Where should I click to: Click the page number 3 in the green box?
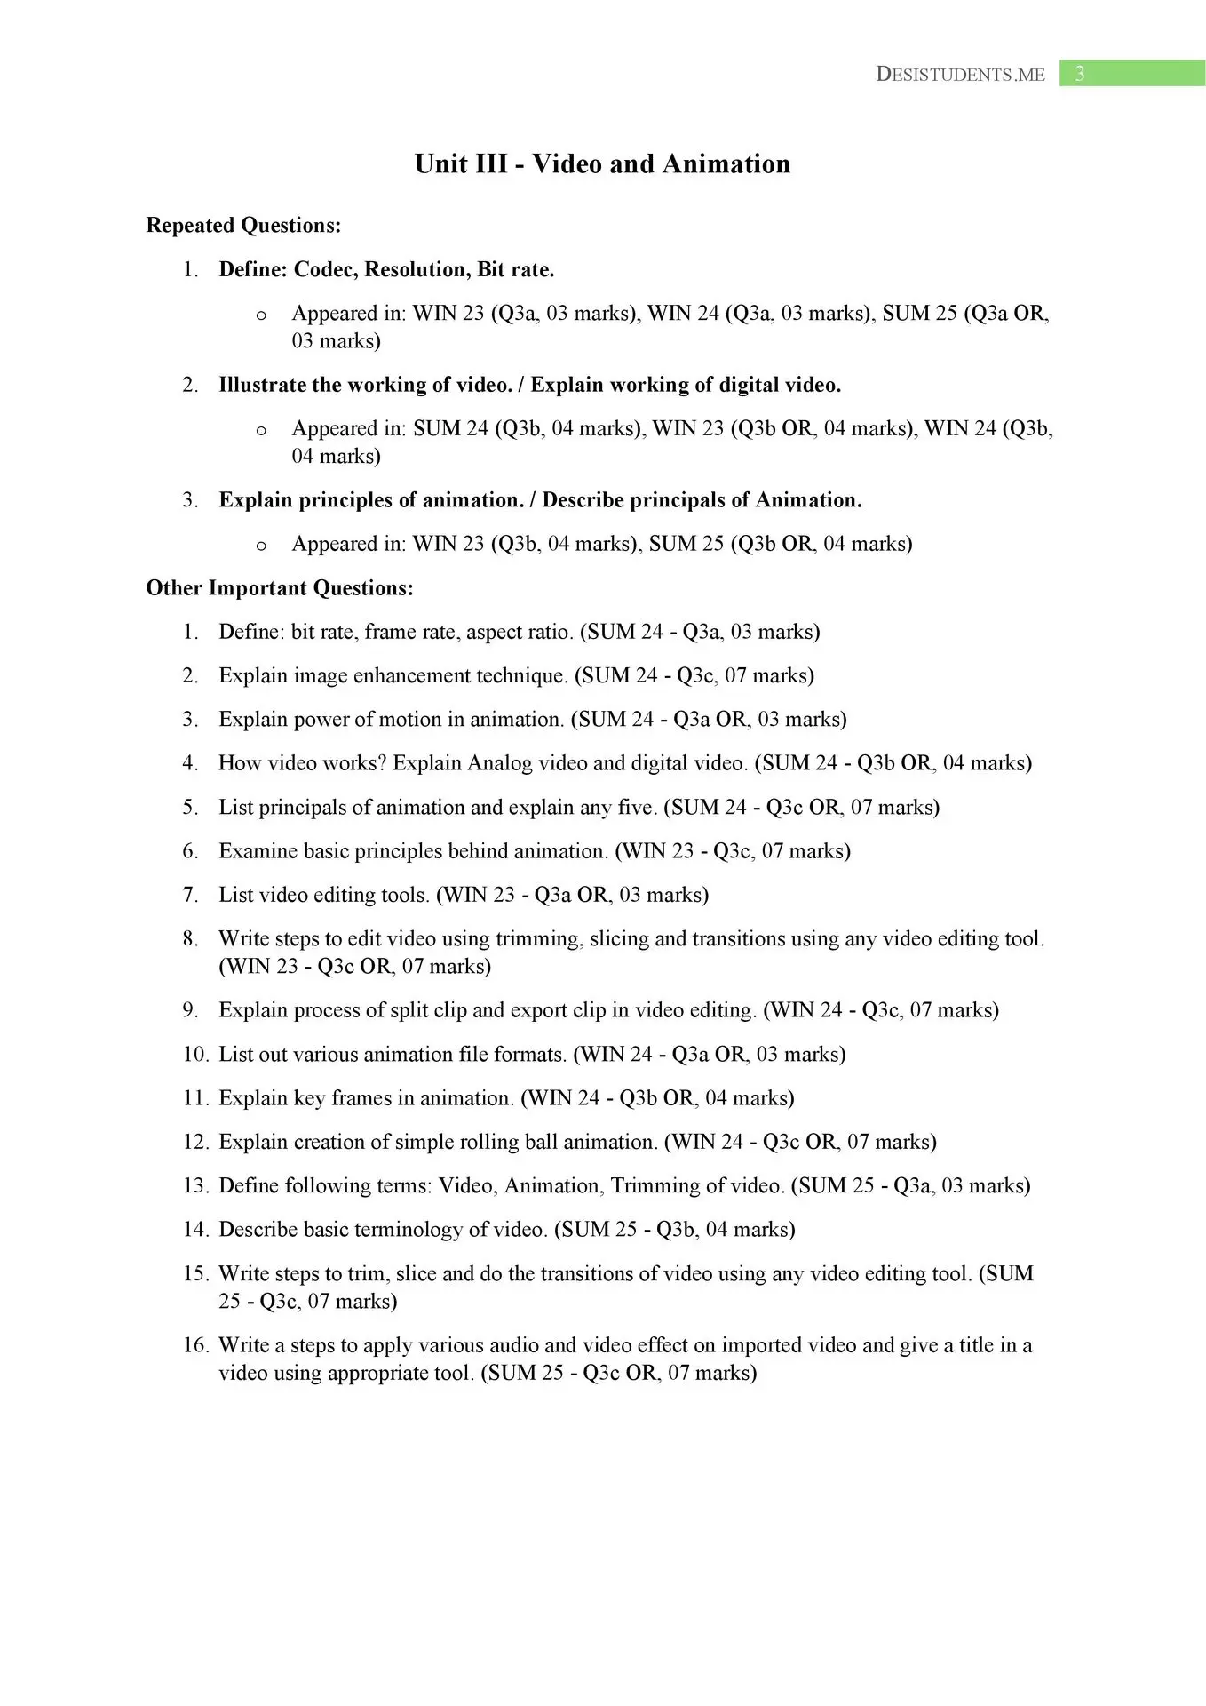1080,74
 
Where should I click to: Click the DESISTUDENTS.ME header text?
960,75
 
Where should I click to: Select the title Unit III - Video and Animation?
602,164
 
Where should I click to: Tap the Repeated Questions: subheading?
243,226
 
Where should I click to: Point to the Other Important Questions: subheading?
280,588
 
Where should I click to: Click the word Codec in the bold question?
324,270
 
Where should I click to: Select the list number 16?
195,1345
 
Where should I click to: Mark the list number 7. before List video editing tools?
191,895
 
